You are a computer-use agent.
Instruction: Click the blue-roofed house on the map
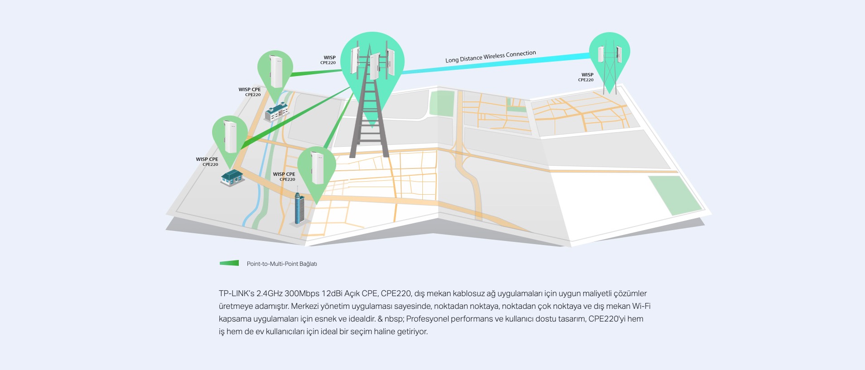[x=232, y=178]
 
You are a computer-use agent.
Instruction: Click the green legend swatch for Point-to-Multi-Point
[x=229, y=263]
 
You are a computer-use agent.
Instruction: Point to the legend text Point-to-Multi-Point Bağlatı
[x=282, y=264]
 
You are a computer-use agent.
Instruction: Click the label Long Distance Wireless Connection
[x=491, y=57]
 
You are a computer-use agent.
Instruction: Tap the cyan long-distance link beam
[x=496, y=63]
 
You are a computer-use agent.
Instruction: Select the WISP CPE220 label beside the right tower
[x=586, y=77]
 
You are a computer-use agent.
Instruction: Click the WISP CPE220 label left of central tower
[x=328, y=60]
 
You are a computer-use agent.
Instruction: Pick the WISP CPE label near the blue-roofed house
[x=207, y=162]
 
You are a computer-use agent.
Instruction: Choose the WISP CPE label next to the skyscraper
[x=284, y=177]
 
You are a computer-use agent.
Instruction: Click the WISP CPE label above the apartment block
[x=250, y=92]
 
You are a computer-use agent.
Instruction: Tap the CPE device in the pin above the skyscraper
[x=317, y=168]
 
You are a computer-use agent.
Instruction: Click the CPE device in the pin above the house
[x=230, y=136]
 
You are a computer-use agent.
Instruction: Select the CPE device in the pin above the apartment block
[x=276, y=71]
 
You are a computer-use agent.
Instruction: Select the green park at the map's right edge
[x=675, y=195]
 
